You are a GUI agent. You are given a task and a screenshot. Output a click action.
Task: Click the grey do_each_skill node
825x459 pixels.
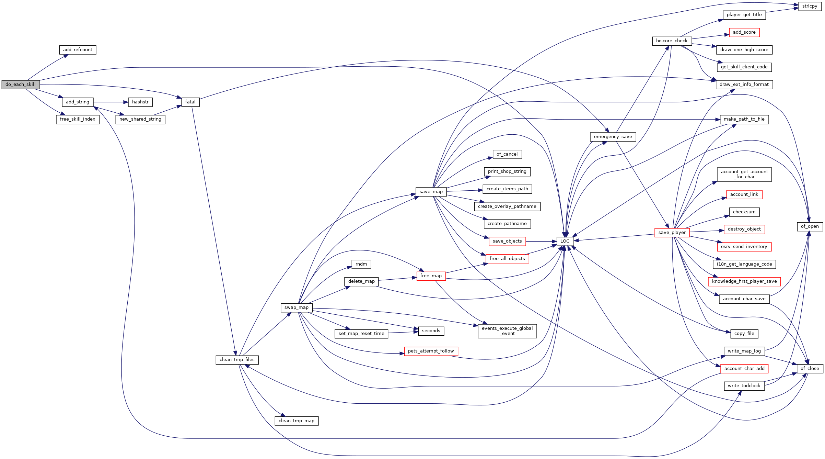[21, 85]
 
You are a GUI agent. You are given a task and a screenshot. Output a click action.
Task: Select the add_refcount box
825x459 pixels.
[78, 50]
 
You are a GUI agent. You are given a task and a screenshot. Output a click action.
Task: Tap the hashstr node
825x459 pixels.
[140, 102]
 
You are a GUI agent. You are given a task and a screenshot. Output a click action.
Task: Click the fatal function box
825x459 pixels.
[190, 102]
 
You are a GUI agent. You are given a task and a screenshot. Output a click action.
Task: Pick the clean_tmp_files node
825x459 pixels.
[237, 360]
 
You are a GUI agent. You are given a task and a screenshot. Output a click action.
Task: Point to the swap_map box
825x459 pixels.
[297, 307]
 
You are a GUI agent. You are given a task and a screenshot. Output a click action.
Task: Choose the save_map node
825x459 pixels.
[431, 192]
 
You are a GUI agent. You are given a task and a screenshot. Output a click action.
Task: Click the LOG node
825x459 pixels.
[565, 241]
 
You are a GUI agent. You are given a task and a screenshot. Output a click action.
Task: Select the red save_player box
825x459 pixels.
[672, 233]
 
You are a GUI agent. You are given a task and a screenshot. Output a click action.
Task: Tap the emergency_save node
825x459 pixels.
[613, 137]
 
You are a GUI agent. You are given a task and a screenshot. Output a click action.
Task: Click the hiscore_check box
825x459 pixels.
[672, 41]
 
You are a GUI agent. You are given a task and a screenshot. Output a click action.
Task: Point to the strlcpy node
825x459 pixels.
[810, 6]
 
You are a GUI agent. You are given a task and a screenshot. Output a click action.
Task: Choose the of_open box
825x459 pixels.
[810, 226]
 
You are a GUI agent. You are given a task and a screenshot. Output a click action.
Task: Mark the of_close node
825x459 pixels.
[810, 369]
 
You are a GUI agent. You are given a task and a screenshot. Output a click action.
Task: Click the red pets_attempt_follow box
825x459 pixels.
[431, 351]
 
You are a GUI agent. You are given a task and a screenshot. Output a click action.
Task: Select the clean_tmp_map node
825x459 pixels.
[297, 421]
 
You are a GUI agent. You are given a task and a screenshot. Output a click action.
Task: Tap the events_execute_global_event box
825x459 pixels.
[507, 331]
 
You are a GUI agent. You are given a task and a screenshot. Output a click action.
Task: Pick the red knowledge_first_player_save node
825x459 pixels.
[744, 281]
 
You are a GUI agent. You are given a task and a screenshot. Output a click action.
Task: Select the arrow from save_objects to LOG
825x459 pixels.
[541, 242]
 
